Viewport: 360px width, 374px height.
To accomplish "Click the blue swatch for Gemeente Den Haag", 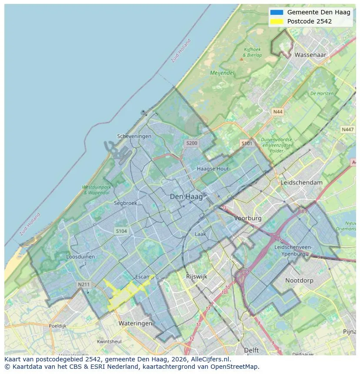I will [276, 12].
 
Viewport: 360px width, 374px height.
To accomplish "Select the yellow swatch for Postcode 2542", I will [276, 21].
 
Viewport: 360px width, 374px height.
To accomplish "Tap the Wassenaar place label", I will [310, 55].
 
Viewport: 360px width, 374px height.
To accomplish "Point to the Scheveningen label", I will [134, 136].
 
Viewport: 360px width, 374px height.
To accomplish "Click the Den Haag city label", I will [186, 197].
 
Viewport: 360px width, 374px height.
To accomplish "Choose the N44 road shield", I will [277, 112].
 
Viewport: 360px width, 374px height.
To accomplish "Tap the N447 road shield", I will [347, 129].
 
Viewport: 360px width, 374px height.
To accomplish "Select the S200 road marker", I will [191, 143].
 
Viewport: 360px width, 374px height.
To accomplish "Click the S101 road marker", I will [247, 143].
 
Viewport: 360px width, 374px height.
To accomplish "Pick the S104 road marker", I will [121, 231].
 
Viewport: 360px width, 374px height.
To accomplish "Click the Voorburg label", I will [248, 218].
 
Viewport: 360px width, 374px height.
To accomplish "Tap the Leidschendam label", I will [302, 183].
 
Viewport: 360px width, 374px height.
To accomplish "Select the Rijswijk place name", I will [197, 276].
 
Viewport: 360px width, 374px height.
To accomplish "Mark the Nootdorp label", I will [299, 281].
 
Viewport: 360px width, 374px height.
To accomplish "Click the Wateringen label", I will [135, 323].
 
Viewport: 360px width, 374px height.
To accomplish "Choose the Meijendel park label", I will [222, 73].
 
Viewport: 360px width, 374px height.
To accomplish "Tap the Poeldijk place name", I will [57, 325].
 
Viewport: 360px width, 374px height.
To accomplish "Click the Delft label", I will [251, 350].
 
